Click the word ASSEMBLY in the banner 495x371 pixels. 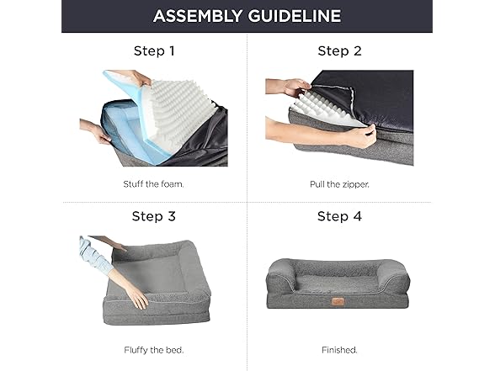click(x=198, y=16)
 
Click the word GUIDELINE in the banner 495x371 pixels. click(x=295, y=16)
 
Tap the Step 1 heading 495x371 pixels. click(x=154, y=51)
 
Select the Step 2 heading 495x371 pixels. click(x=340, y=51)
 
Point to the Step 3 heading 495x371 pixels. click(x=154, y=216)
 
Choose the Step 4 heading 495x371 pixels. click(x=340, y=216)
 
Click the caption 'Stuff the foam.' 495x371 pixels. click(x=153, y=184)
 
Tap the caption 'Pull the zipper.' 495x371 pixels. click(x=339, y=184)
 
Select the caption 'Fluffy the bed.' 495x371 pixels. click(x=154, y=350)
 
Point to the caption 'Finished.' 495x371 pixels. click(x=339, y=350)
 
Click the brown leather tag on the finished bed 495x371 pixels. click(x=338, y=302)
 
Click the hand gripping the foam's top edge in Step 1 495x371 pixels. click(x=141, y=78)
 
